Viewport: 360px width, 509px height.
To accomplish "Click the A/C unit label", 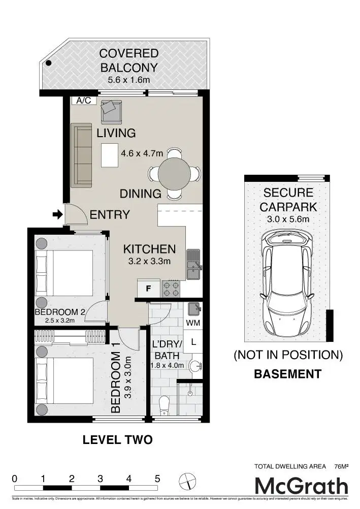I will click(84, 101).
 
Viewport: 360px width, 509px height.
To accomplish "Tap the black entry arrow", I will click(57, 215).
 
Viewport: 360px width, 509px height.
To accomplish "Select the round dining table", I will click(174, 173).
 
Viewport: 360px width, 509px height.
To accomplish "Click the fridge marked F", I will click(148, 289).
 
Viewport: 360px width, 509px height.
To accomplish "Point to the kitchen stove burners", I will click(171, 289).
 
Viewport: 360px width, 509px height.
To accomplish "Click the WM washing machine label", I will click(192, 323).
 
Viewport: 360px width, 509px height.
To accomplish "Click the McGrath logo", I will click(301, 486).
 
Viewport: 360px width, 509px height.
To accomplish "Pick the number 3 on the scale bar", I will click(101, 479).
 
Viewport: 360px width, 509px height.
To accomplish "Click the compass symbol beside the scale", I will click(187, 480).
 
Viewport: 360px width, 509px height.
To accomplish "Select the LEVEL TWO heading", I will click(117, 440).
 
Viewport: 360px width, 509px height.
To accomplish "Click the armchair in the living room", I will click(111, 111).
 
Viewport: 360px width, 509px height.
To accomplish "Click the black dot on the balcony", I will click(49, 63).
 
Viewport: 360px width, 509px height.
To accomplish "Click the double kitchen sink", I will click(193, 264).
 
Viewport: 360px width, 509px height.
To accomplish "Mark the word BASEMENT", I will click(287, 374).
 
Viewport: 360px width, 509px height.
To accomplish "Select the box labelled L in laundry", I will click(193, 342).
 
